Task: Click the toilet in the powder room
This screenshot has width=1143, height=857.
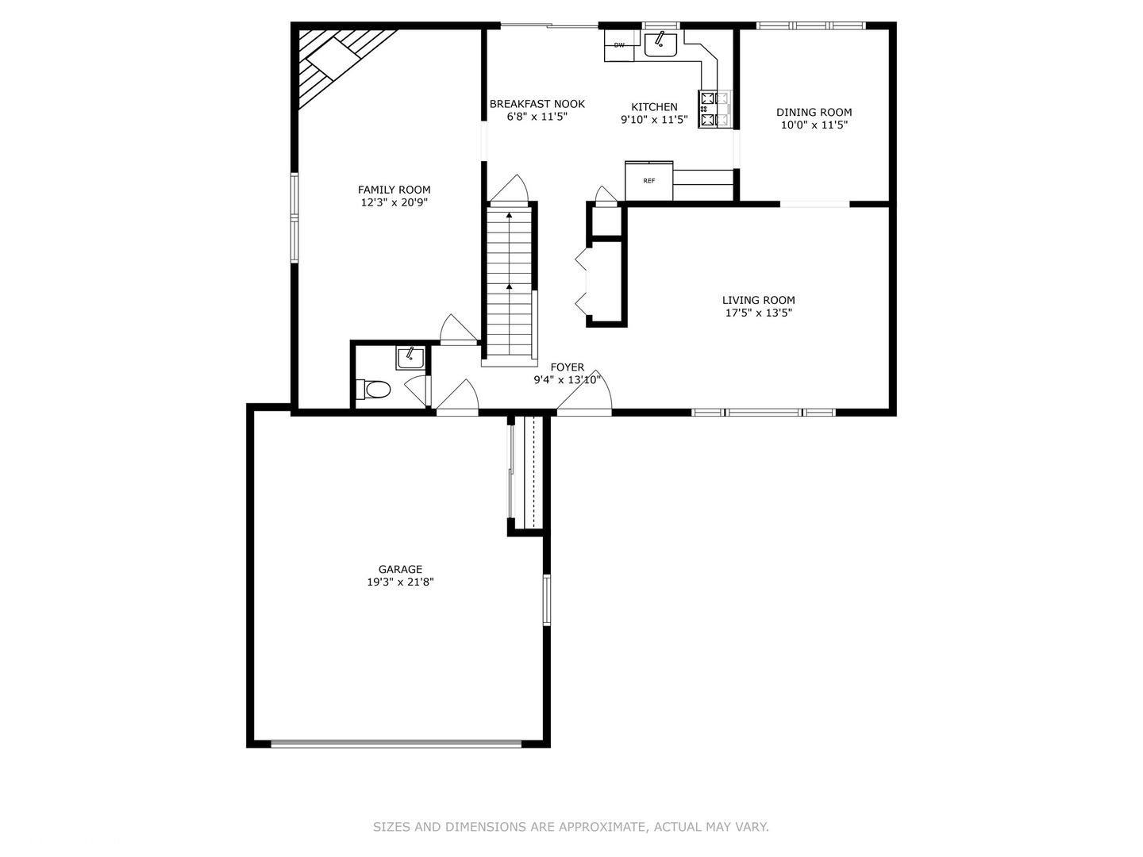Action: point(375,390)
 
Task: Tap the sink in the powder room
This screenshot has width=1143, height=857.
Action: point(410,358)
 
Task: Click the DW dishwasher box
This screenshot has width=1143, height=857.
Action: point(619,45)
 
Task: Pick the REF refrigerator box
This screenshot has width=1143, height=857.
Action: point(648,181)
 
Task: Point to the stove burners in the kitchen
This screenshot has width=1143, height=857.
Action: point(715,109)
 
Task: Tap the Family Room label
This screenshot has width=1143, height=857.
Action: point(394,190)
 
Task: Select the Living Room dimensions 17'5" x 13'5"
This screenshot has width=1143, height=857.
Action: point(758,313)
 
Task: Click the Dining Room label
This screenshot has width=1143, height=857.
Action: point(814,113)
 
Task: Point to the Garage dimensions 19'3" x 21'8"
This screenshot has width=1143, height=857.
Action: point(400,582)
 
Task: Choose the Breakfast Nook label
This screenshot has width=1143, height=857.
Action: point(537,104)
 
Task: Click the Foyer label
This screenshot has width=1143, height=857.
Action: point(567,367)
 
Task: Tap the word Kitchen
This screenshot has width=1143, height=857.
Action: point(654,107)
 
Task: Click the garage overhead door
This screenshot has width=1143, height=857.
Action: point(396,744)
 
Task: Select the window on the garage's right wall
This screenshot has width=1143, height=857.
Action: point(546,600)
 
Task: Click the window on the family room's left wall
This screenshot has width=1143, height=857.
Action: point(294,217)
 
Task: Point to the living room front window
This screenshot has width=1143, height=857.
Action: point(764,412)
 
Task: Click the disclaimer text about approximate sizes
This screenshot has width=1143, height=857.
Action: point(571,827)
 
